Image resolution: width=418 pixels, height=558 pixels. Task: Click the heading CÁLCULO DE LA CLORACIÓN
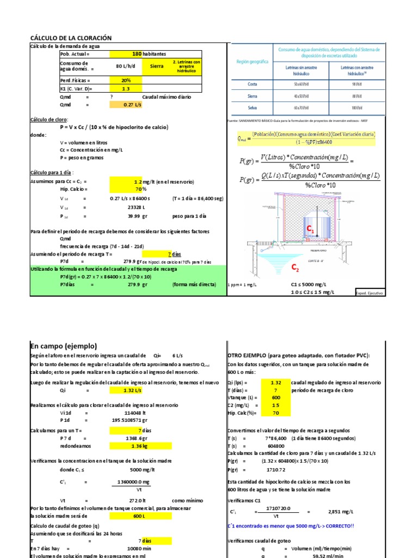click(71, 38)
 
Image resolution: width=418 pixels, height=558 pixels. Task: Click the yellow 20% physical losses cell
click(126, 80)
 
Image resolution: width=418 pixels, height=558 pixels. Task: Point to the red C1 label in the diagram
click(311, 231)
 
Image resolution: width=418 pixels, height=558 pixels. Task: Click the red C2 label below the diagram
click(296, 268)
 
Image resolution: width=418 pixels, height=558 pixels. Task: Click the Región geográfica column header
click(252, 62)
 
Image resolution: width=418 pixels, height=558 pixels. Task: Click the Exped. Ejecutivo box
click(370, 293)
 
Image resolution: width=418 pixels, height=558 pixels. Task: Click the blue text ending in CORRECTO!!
click(290, 526)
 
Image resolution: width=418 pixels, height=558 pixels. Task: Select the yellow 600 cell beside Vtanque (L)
click(275, 397)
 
